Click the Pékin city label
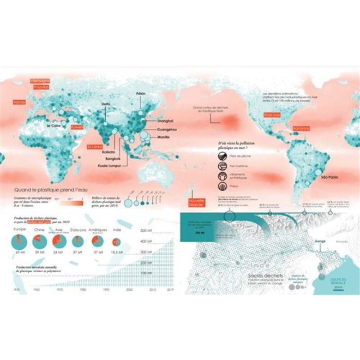pyautogui.click(x=141, y=93)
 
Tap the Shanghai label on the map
pyautogui.click(x=165, y=121)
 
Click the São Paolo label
pyautogui.click(x=330, y=178)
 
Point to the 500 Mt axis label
pyautogui.click(x=147, y=231)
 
